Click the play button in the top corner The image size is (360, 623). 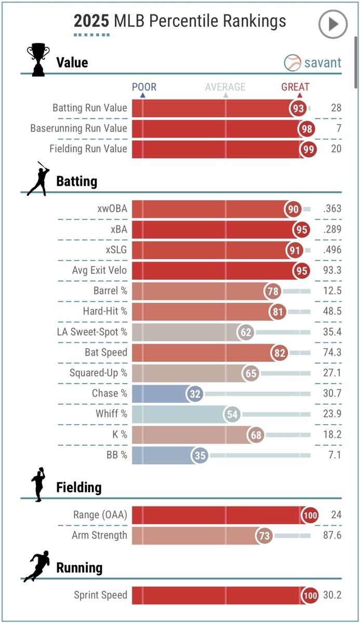[332, 24]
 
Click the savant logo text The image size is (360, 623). [323, 63]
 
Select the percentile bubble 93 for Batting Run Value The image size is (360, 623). [298, 108]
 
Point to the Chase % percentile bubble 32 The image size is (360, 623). [195, 394]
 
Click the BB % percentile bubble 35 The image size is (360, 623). [200, 455]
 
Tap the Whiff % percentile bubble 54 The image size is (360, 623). [232, 414]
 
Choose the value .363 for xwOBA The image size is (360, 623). [331, 209]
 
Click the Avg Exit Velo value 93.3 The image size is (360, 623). [331, 270]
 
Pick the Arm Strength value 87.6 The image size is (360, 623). [331, 535]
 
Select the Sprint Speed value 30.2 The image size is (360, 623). [331, 595]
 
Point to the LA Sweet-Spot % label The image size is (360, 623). [92, 332]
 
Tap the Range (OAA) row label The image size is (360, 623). [100, 514]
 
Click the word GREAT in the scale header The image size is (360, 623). [295, 87]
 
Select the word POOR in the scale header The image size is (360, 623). [144, 87]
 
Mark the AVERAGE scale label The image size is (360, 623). [225, 87]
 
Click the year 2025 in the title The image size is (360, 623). [91, 21]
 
